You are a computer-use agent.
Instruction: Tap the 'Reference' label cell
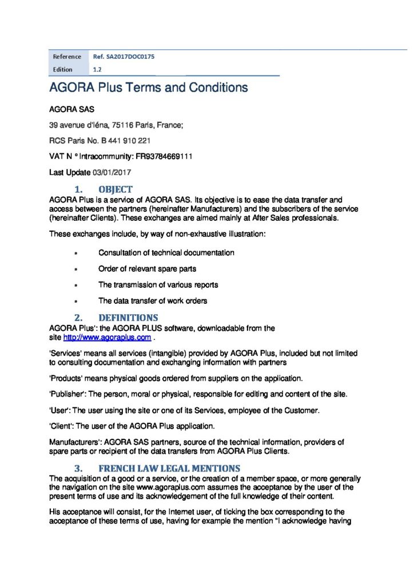(x=67, y=57)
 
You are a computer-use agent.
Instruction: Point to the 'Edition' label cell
(x=63, y=69)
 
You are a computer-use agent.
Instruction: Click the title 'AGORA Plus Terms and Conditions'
(x=148, y=88)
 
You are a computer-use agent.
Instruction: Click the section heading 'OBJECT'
(x=116, y=189)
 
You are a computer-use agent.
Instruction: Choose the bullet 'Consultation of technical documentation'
(x=166, y=252)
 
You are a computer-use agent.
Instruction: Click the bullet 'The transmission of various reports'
(x=158, y=284)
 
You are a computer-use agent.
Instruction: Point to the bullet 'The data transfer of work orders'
(x=153, y=300)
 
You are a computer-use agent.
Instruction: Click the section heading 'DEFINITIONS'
(x=128, y=318)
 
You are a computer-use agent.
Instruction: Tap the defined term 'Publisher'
(x=67, y=394)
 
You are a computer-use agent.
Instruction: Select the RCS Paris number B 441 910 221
(x=126, y=140)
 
